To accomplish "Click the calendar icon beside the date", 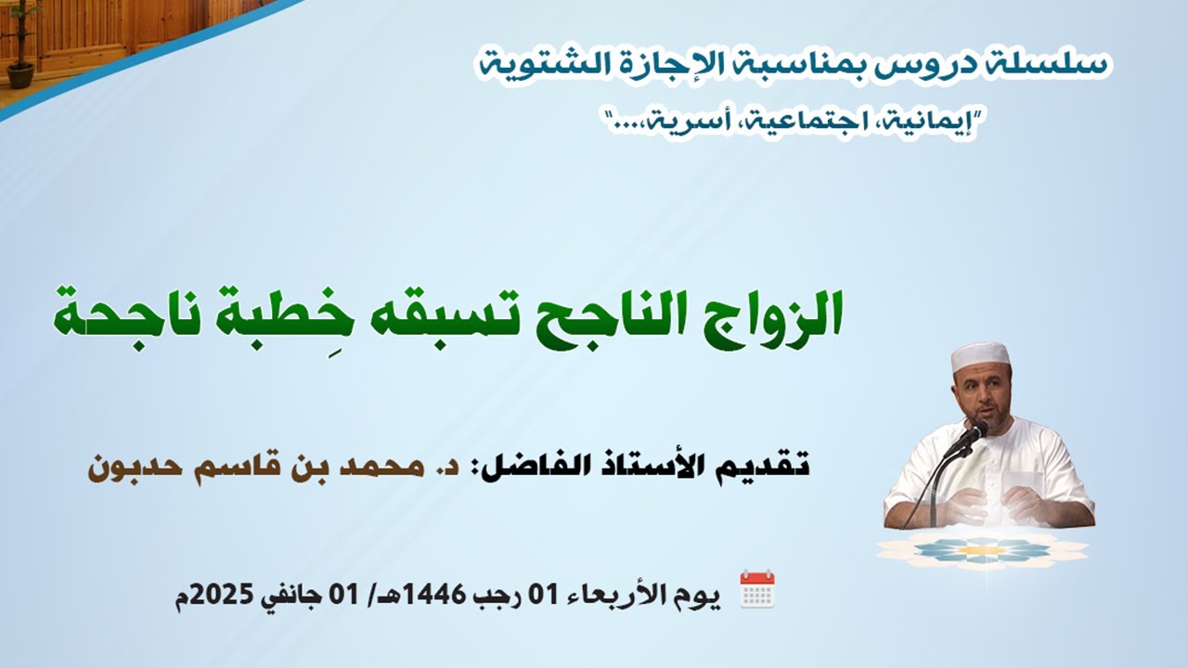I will (756, 589).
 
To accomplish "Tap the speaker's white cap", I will (980, 354).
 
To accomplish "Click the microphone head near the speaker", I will (974, 432).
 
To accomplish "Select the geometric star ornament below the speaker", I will (982, 549).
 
